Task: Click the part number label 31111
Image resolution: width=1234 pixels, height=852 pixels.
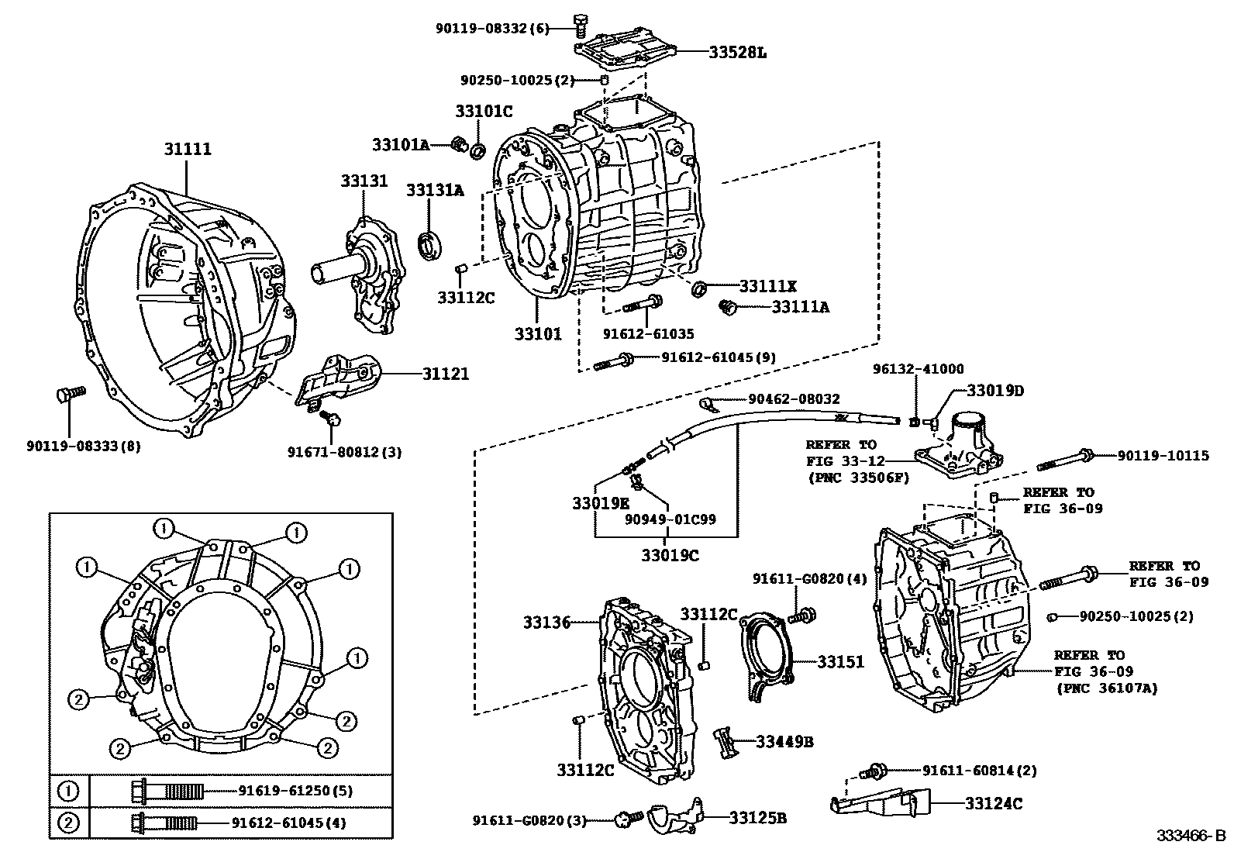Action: [187, 149]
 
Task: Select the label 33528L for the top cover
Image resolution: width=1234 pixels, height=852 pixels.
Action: [737, 53]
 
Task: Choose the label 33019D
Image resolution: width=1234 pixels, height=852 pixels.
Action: [995, 390]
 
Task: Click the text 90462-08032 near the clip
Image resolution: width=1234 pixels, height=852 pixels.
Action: [794, 399]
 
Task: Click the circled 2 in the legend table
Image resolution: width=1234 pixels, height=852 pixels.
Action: [69, 823]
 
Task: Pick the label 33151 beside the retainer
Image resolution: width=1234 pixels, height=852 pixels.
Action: [840, 662]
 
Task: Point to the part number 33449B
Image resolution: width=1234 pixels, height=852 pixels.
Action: [784, 742]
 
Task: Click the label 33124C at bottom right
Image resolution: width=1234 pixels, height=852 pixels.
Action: [994, 804]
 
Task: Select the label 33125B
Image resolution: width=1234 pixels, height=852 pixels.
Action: [758, 817]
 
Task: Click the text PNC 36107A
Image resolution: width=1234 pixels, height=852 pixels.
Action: [1107, 687]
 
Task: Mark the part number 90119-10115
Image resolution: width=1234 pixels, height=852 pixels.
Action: [1163, 456]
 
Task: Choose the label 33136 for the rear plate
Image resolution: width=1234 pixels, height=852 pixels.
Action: [546, 622]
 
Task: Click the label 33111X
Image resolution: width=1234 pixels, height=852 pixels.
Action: [767, 285]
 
